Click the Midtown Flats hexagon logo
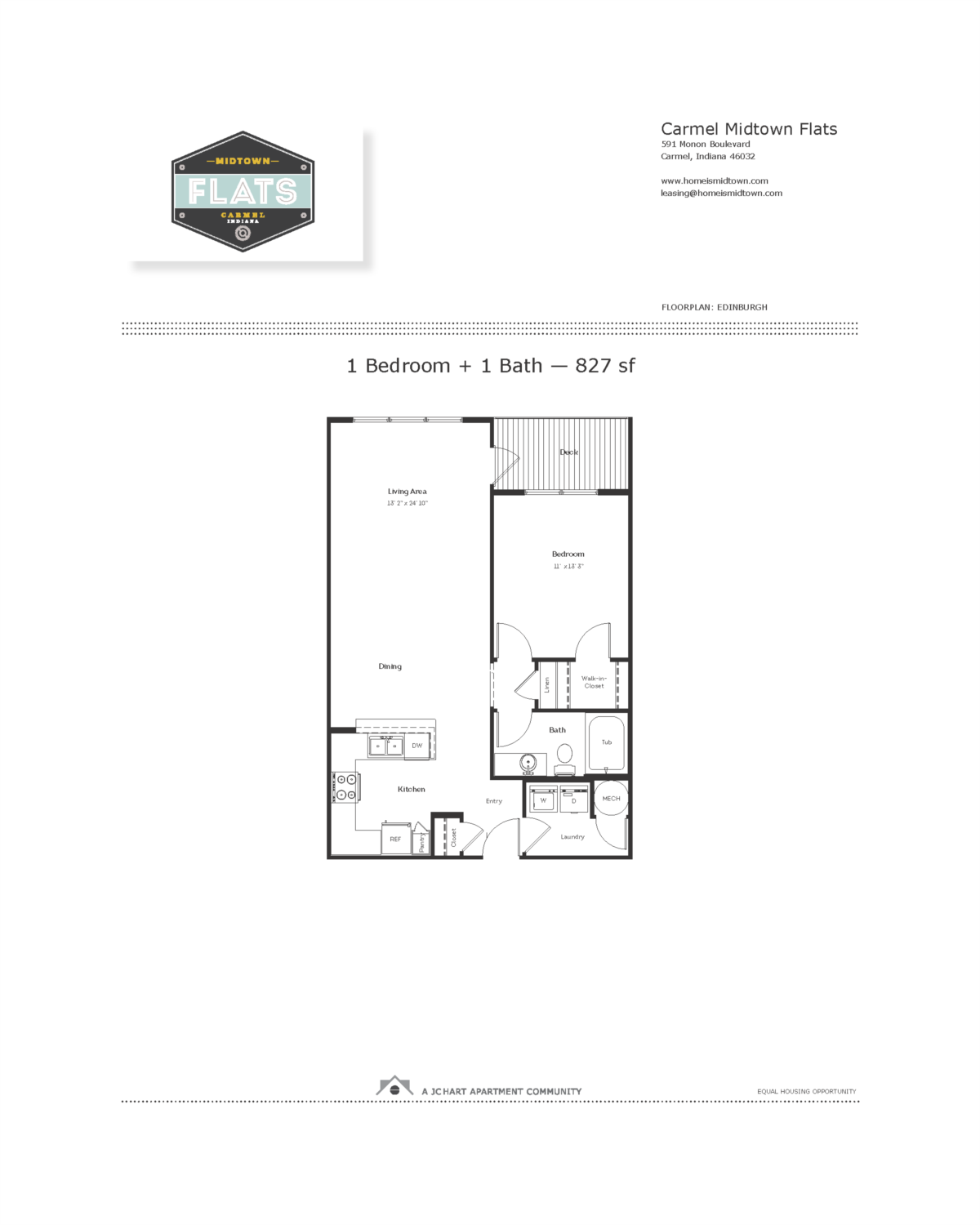click(243, 192)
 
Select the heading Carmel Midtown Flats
click(749, 129)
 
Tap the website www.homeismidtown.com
click(715, 181)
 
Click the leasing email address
click(721, 194)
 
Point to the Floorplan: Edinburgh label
click(715, 308)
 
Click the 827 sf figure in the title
click(605, 366)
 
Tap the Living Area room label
click(407, 492)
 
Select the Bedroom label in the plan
click(568, 554)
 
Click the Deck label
click(568, 452)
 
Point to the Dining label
click(390, 666)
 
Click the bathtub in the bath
click(606, 742)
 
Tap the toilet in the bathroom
click(564, 759)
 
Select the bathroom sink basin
click(528, 764)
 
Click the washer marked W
click(543, 800)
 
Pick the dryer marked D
click(574, 800)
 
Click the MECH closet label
click(611, 799)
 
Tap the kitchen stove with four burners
click(346, 787)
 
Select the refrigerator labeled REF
click(395, 839)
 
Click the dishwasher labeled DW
click(417, 746)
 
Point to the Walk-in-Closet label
click(594, 682)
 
